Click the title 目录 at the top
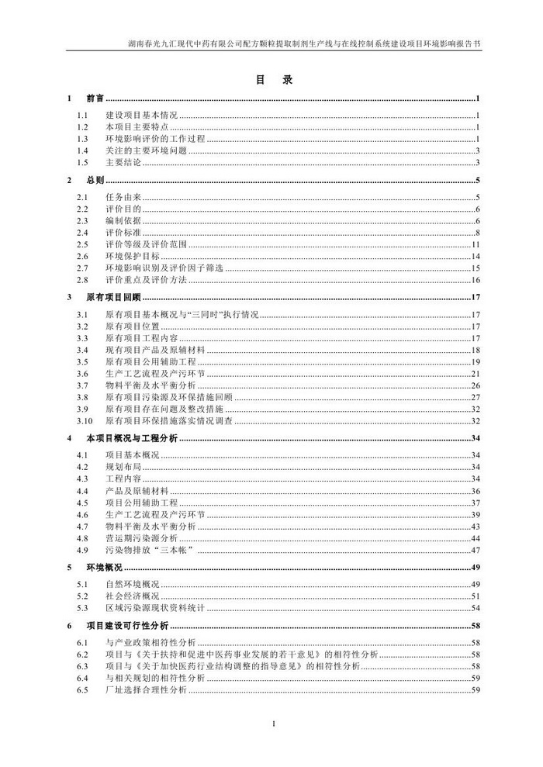(x=271, y=80)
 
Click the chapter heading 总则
(x=95, y=181)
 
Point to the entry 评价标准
(x=123, y=233)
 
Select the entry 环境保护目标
(x=130, y=256)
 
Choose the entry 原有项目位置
(x=135, y=327)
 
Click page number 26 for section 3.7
(x=477, y=385)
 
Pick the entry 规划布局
(x=123, y=467)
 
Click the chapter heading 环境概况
(x=102, y=568)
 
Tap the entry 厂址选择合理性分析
(x=147, y=690)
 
